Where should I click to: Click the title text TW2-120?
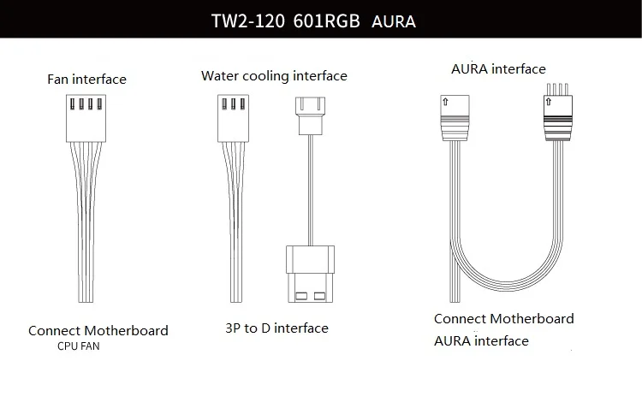tap(247, 21)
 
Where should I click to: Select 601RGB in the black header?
tap(326, 21)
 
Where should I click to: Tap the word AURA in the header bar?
tap(394, 21)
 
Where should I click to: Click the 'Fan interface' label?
tap(86, 79)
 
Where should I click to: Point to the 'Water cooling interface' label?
tap(274, 75)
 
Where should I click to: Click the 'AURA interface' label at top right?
tap(498, 68)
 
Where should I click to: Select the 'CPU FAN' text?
tap(78, 346)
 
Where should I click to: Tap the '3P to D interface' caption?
tap(276, 328)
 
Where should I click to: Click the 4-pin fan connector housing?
tap(86, 118)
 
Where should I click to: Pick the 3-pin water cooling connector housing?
tap(234, 118)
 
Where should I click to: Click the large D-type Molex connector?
tap(311, 274)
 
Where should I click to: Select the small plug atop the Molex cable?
tap(311, 115)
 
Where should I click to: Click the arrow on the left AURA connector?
tap(445, 102)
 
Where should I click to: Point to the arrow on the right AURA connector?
tap(549, 102)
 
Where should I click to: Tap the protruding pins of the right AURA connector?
tap(557, 89)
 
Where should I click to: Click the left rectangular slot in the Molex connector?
tap(301, 296)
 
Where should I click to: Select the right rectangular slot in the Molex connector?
tap(320, 296)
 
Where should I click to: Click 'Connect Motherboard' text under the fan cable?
tap(98, 330)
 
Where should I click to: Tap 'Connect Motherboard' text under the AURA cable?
tap(504, 319)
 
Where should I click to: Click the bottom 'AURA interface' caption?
tap(481, 340)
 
